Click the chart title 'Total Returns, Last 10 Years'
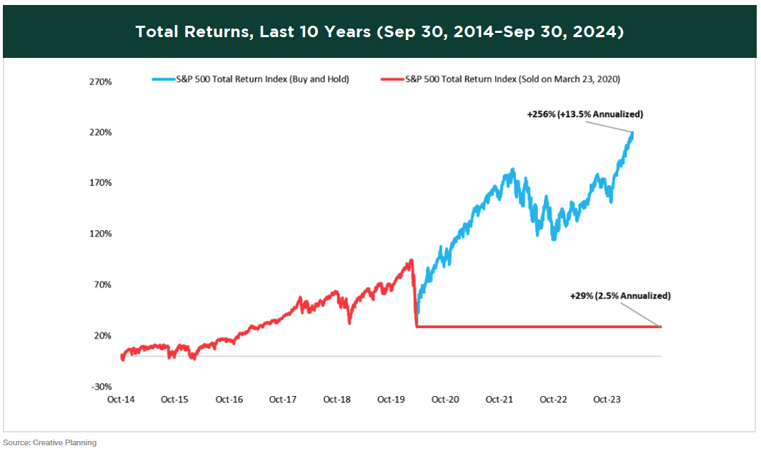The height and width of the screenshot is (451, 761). (379, 32)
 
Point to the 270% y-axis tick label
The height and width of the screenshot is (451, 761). (101, 82)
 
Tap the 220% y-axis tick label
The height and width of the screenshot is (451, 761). (101, 133)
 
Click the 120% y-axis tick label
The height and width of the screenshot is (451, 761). (101, 234)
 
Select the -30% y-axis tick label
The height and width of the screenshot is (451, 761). (101, 387)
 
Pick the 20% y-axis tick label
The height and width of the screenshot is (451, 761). (104, 336)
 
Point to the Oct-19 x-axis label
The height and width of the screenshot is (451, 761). (391, 400)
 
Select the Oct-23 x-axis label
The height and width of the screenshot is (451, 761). (607, 400)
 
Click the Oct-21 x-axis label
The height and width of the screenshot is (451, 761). (499, 400)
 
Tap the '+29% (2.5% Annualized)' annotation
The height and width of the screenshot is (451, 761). (620, 295)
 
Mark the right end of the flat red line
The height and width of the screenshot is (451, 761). (660, 327)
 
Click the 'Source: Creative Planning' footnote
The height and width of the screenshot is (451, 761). (49, 443)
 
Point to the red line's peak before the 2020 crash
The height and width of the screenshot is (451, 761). (411, 260)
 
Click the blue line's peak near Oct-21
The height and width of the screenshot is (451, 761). (513, 170)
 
